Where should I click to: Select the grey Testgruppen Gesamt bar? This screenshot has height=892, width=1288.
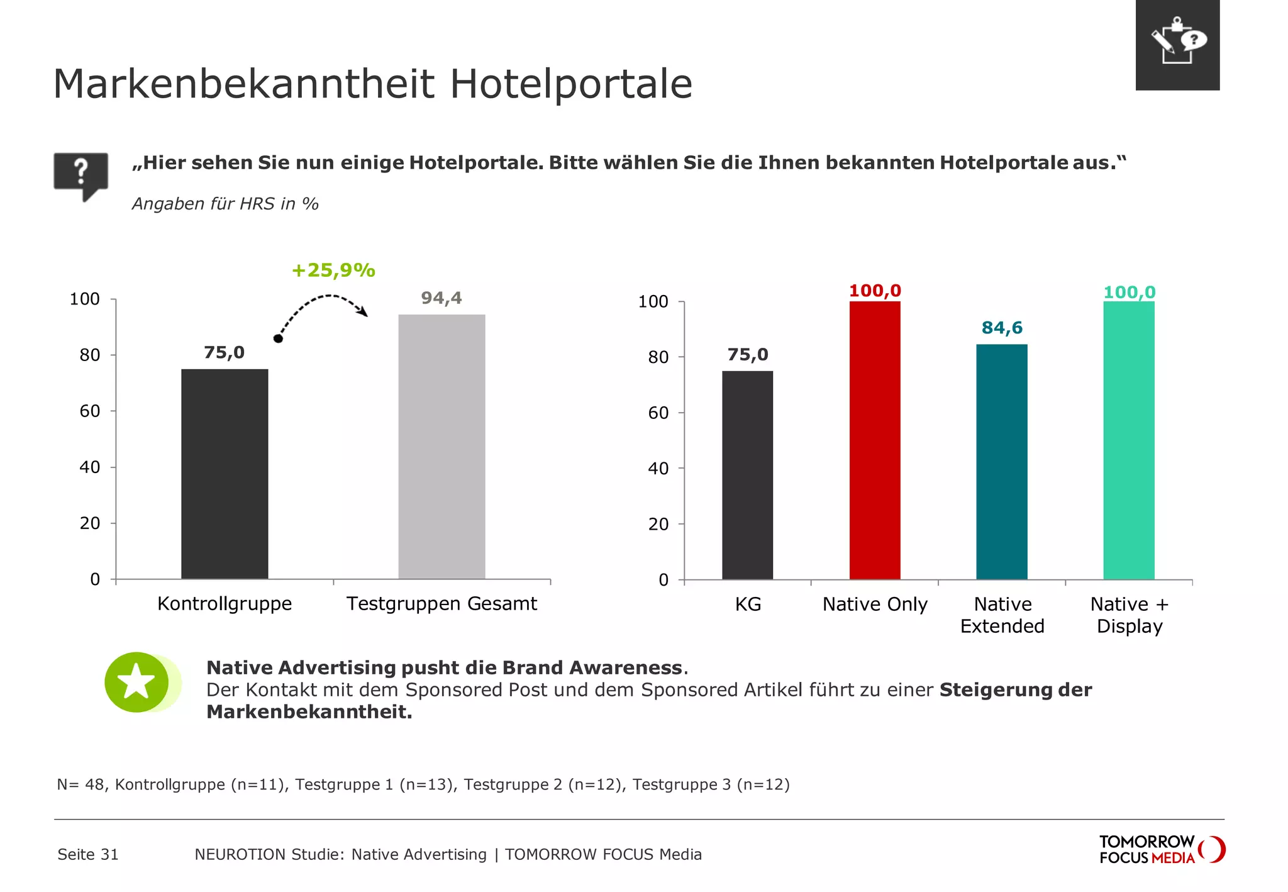(x=441, y=447)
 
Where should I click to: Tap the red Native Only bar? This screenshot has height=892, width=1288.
(x=874, y=440)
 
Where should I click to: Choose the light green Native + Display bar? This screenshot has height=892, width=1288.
(x=1128, y=440)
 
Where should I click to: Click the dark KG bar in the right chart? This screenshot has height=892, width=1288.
(x=747, y=475)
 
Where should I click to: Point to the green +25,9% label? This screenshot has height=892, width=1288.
(x=333, y=270)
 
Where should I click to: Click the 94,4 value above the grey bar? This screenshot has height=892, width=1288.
(x=441, y=298)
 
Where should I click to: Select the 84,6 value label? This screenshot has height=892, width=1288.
(x=1002, y=328)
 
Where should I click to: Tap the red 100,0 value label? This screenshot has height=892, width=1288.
(x=875, y=291)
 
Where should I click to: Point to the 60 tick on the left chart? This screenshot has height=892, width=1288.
(x=90, y=411)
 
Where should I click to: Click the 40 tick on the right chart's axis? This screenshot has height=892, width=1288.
(x=658, y=469)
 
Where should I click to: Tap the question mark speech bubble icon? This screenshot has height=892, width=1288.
(x=81, y=174)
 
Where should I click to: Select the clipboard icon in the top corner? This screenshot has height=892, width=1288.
(x=1177, y=44)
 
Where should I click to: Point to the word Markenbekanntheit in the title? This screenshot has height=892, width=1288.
(x=244, y=84)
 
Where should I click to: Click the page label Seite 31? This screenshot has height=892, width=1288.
(x=88, y=854)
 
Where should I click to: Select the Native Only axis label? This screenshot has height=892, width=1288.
(x=875, y=605)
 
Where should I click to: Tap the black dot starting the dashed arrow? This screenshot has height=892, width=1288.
(x=278, y=338)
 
